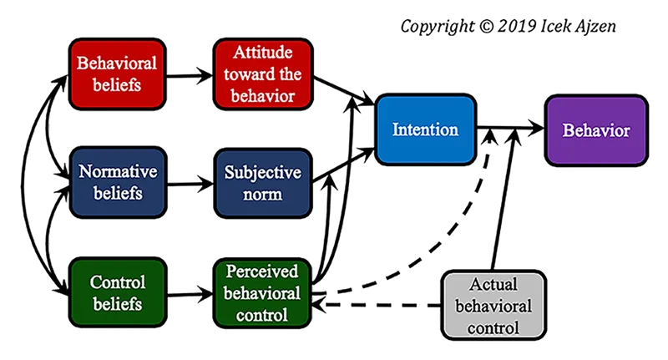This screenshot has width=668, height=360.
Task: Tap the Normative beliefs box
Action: click(118, 182)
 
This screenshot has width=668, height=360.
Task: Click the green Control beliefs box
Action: click(118, 292)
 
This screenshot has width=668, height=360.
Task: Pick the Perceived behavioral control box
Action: click(262, 292)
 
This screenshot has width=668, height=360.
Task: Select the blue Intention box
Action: click(425, 129)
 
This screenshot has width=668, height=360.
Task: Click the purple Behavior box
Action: click(595, 129)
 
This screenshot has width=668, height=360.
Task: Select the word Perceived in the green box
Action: click(262, 271)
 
